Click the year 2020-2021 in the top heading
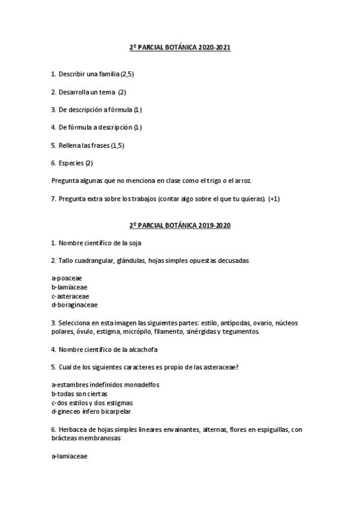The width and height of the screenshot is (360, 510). (x=213, y=48)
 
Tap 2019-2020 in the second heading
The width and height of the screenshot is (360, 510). (x=213, y=226)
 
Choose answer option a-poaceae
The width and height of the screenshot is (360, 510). (x=67, y=278)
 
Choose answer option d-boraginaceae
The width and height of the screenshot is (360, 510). (x=75, y=305)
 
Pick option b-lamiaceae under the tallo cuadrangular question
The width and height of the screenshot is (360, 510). (x=70, y=287)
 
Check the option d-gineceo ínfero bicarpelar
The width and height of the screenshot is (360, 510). (x=91, y=411)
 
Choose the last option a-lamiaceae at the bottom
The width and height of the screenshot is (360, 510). (x=70, y=456)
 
